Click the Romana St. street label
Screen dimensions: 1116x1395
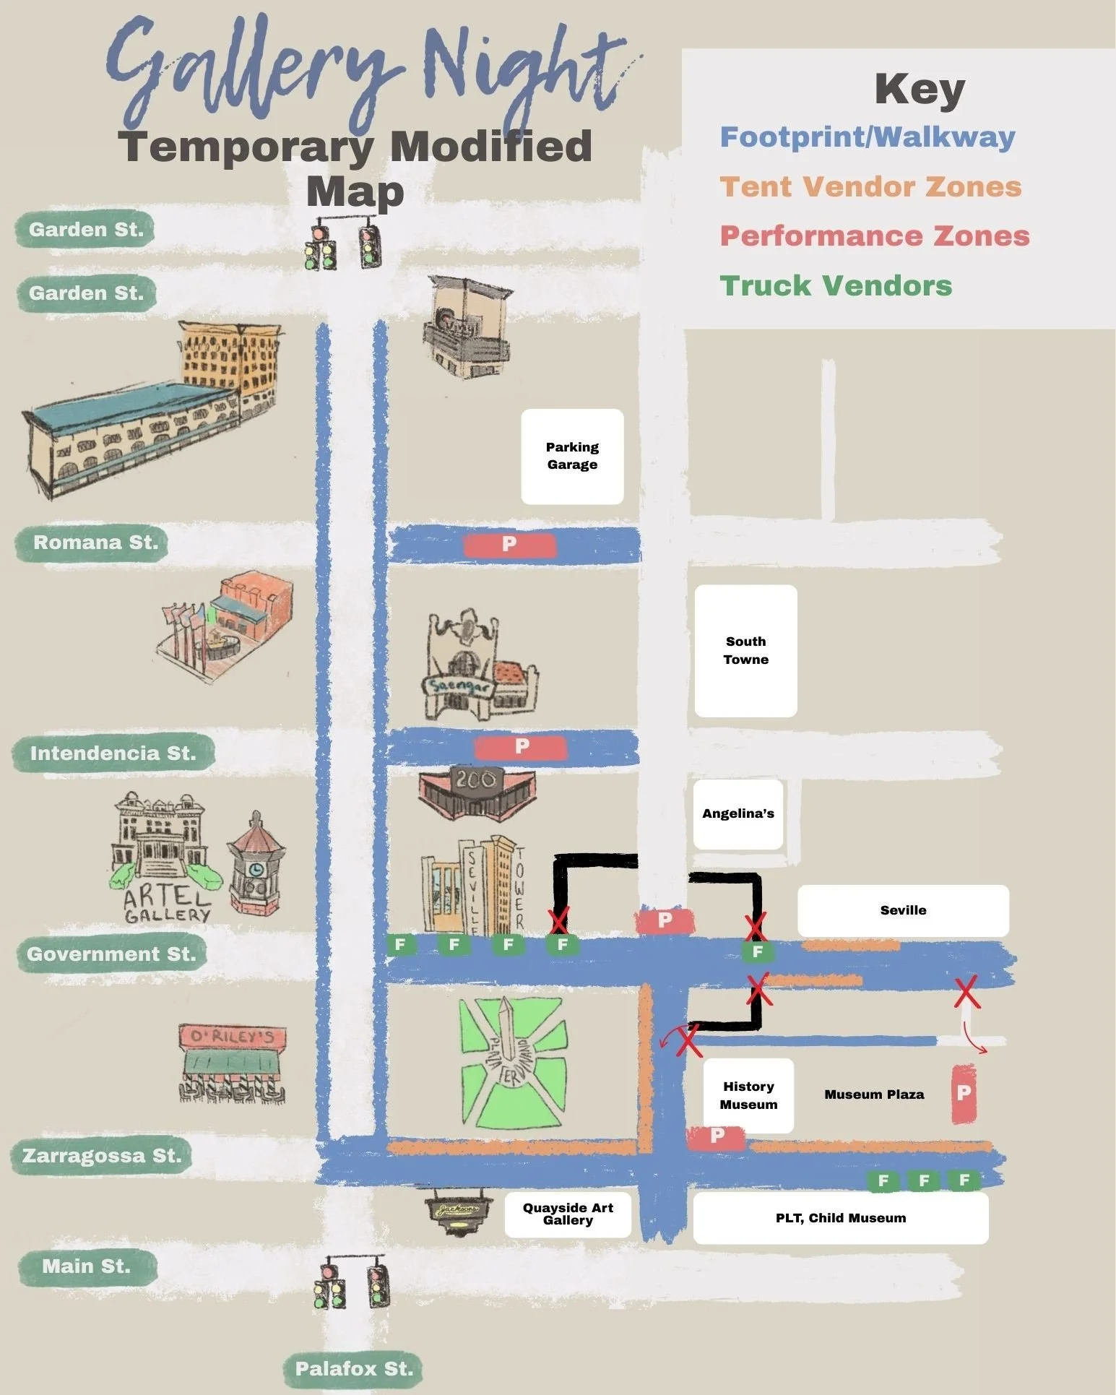[x=95, y=543]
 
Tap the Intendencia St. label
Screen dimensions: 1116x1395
[x=113, y=753]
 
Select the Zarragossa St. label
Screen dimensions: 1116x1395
[x=102, y=1155]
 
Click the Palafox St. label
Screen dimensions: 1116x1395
[x=354, y=1368]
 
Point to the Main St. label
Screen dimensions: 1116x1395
[x=87, y=1266]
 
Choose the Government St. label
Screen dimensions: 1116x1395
[x=111, y=954]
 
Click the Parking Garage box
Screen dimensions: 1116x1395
[x=572, y=456]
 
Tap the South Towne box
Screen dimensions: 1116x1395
[x=745, y=650]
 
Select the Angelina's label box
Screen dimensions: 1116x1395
[x=737, y=813]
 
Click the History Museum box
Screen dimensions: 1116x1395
[x=748, y=1095]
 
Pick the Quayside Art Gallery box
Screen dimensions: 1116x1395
[x=568, y=1214]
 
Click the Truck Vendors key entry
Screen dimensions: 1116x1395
[x=836, y=286]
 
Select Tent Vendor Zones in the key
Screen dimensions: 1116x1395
[x=870, y=187]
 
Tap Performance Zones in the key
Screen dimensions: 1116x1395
[x=875, y=236]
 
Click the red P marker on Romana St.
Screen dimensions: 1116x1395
[x=509, y=544]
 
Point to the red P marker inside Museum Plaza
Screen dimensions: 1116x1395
[x=964, y=1093]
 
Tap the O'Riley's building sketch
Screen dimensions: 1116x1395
[x=232, y=1062]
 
